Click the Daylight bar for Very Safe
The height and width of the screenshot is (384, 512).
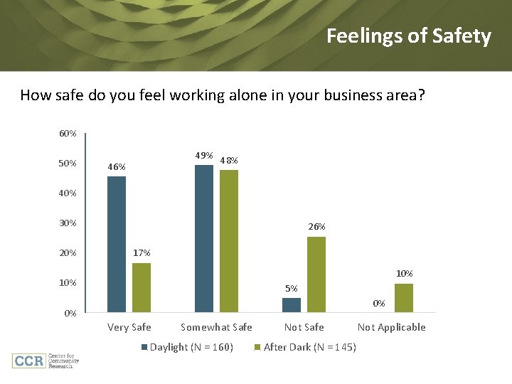[x=117, y=244]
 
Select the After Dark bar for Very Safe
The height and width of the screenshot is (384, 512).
[x=142, y=287]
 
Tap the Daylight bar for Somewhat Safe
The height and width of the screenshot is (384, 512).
[x=204, y=238]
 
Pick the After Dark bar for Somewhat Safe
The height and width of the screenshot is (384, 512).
[x=229, y=240]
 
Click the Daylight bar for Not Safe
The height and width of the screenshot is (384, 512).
[x=292, y=304]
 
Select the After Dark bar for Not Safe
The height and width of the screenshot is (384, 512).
[x=316, y=274]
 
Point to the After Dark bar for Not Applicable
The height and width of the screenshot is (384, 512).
[x=404, y=297]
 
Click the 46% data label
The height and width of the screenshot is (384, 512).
[x=117, y=167]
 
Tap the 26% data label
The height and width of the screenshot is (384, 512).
[x=316, y=227]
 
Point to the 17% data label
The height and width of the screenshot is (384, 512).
[x=142, y=253]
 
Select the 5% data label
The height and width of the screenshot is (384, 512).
[x=292, y=289]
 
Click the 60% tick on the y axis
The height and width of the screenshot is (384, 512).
[x=68, y=134]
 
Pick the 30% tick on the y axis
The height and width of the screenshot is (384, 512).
[x=68, y=223]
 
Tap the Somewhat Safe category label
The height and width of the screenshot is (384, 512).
[x=216, y=327]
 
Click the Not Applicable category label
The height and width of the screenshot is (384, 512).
[x=391, y=327]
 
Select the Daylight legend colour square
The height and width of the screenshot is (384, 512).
[x=144, y=347]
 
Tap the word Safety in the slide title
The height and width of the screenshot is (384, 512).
[x=460, y=36]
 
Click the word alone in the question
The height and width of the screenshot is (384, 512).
[x=248, y=95]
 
